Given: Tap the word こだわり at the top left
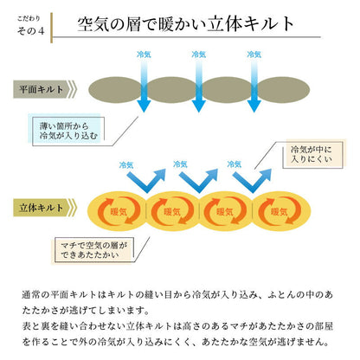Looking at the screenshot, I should (x=29, y=16).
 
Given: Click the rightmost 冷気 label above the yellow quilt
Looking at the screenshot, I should (x=234, y=162).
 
